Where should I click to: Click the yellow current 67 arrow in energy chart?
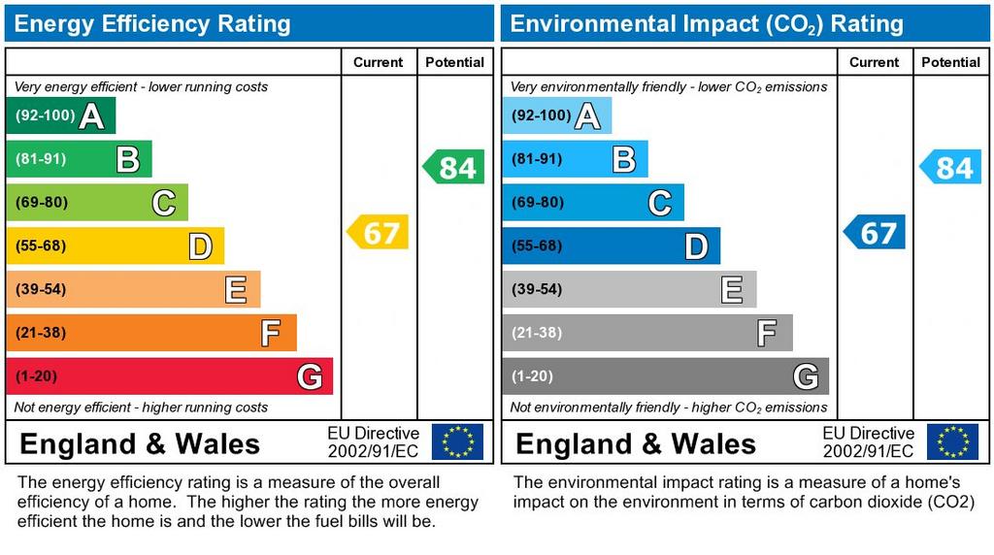click(379, 233)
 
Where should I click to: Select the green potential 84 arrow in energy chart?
click(454, 168)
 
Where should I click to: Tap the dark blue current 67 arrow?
click(875, 233)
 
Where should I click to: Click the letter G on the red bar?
click(309, 376)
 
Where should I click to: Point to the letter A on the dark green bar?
click(91, 116)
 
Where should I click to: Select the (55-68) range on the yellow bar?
click(41, 246)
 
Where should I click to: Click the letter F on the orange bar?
click(271, 334)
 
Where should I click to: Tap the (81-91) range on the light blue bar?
click(537, 159)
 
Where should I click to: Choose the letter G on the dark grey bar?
click(805, 376)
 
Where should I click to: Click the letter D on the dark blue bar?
click(696, 246)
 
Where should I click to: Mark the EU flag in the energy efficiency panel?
click(457, 441)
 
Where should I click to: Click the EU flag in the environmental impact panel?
click(952, 441)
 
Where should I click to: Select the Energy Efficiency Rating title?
click(152, 24)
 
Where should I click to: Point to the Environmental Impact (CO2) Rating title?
click(707, 24)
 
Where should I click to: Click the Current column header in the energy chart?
click(378, 62)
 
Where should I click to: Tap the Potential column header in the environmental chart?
click(950, 62)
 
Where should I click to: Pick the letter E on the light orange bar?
click(235, 290)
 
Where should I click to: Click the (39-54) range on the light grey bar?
click(537, 290)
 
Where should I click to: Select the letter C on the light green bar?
click(163, 204)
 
